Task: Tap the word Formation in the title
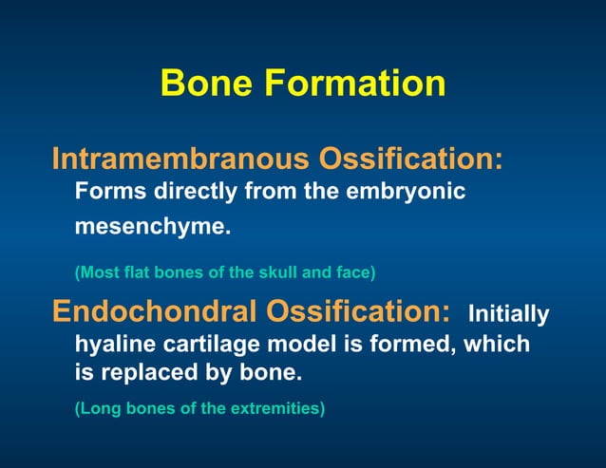pyautogui.click(x=355, y=84)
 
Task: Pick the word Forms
pyautogui.click(x=105, y=192)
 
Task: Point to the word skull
pyautogui.click(x=275, y=272)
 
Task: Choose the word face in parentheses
pyautogui.click(x=355, y=272)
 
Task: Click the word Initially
pyautogui.click(x=509, y=314)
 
